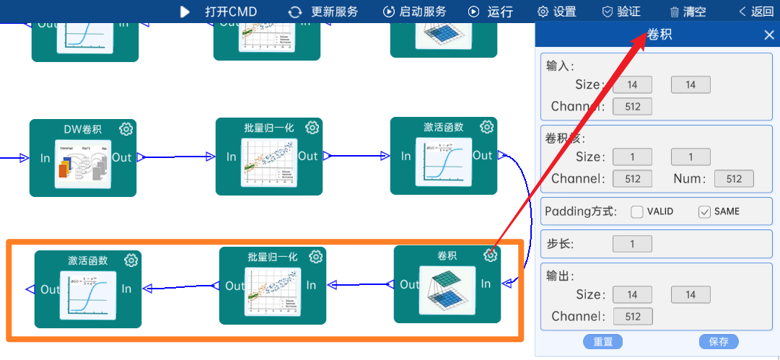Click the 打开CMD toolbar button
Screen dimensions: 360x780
click(219, 12)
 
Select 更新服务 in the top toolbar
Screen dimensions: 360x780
click(323, 12)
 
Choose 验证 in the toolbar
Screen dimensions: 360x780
click(621, 12)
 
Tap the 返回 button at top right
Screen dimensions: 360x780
click(755, 12)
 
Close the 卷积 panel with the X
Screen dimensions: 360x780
click(769, 35)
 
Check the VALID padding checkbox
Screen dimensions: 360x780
click(637, 211)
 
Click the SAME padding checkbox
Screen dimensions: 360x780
click(705, 211)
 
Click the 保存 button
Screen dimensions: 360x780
click(719, 342)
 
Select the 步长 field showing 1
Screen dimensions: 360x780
click(632, 244)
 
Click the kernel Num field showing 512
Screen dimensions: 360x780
click(734, 179)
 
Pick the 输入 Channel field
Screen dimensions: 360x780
click(632, 107)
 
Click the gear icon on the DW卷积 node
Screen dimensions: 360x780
click(126, 129)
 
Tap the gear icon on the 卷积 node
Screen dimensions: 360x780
click(491, 255)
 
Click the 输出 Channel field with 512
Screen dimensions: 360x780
click(632, 316)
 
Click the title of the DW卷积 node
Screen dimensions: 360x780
click(82, 130)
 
